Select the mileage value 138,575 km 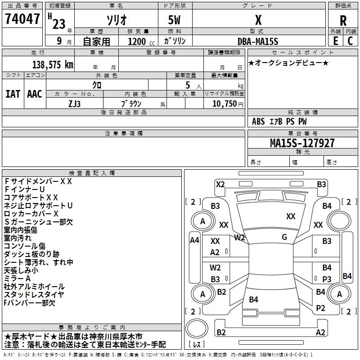[53, 65]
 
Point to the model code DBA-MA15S [258, 41]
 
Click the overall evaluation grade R [343, 21]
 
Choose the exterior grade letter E [335, 41]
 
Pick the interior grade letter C [351, 41]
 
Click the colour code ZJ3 [74, 103]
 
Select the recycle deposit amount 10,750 [224, 103]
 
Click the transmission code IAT [13, 94]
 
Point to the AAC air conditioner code [35, 94]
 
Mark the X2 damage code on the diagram [220, 184]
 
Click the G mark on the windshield [284, 237]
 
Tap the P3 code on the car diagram [327, 279]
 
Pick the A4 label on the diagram [194, 240]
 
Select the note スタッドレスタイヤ [34, 295]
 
